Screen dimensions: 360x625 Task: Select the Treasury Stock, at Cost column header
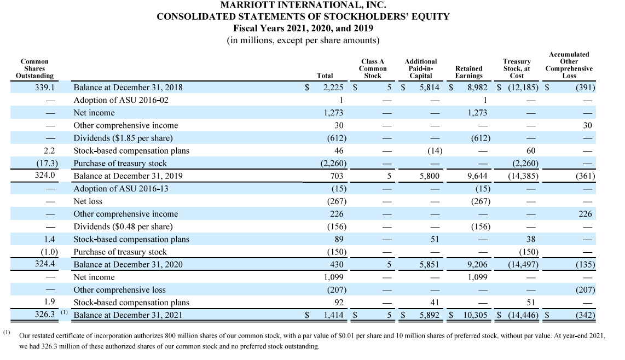coord(517,68)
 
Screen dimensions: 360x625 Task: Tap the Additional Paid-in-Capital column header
coord(420,68)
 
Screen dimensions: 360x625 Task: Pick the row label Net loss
coord(88,201)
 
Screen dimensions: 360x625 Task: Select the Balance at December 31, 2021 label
coord(128,315)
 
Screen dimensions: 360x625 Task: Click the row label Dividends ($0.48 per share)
coord(123,227)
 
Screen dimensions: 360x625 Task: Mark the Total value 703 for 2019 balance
coord(337,176)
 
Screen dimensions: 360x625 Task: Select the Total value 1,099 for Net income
coord(333,277)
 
